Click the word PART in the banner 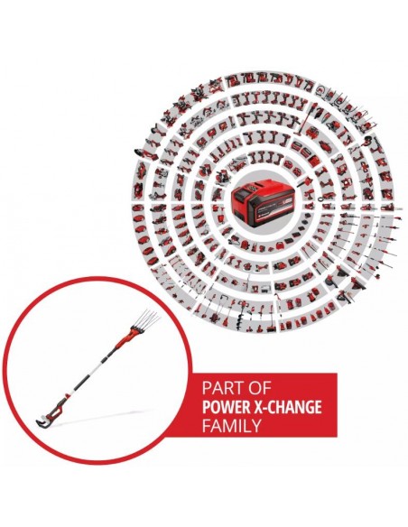[x=221, y=388]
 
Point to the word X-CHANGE [x=286, y=407]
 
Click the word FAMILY [x=232, y=426]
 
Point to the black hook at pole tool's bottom [x=40, y=421]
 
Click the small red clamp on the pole [x=70, y=393]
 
